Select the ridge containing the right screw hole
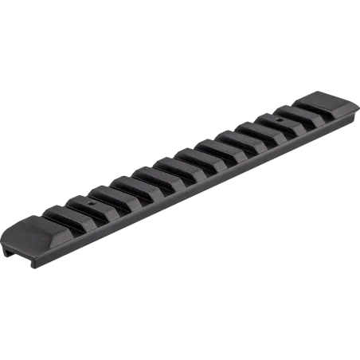point(283,116)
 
